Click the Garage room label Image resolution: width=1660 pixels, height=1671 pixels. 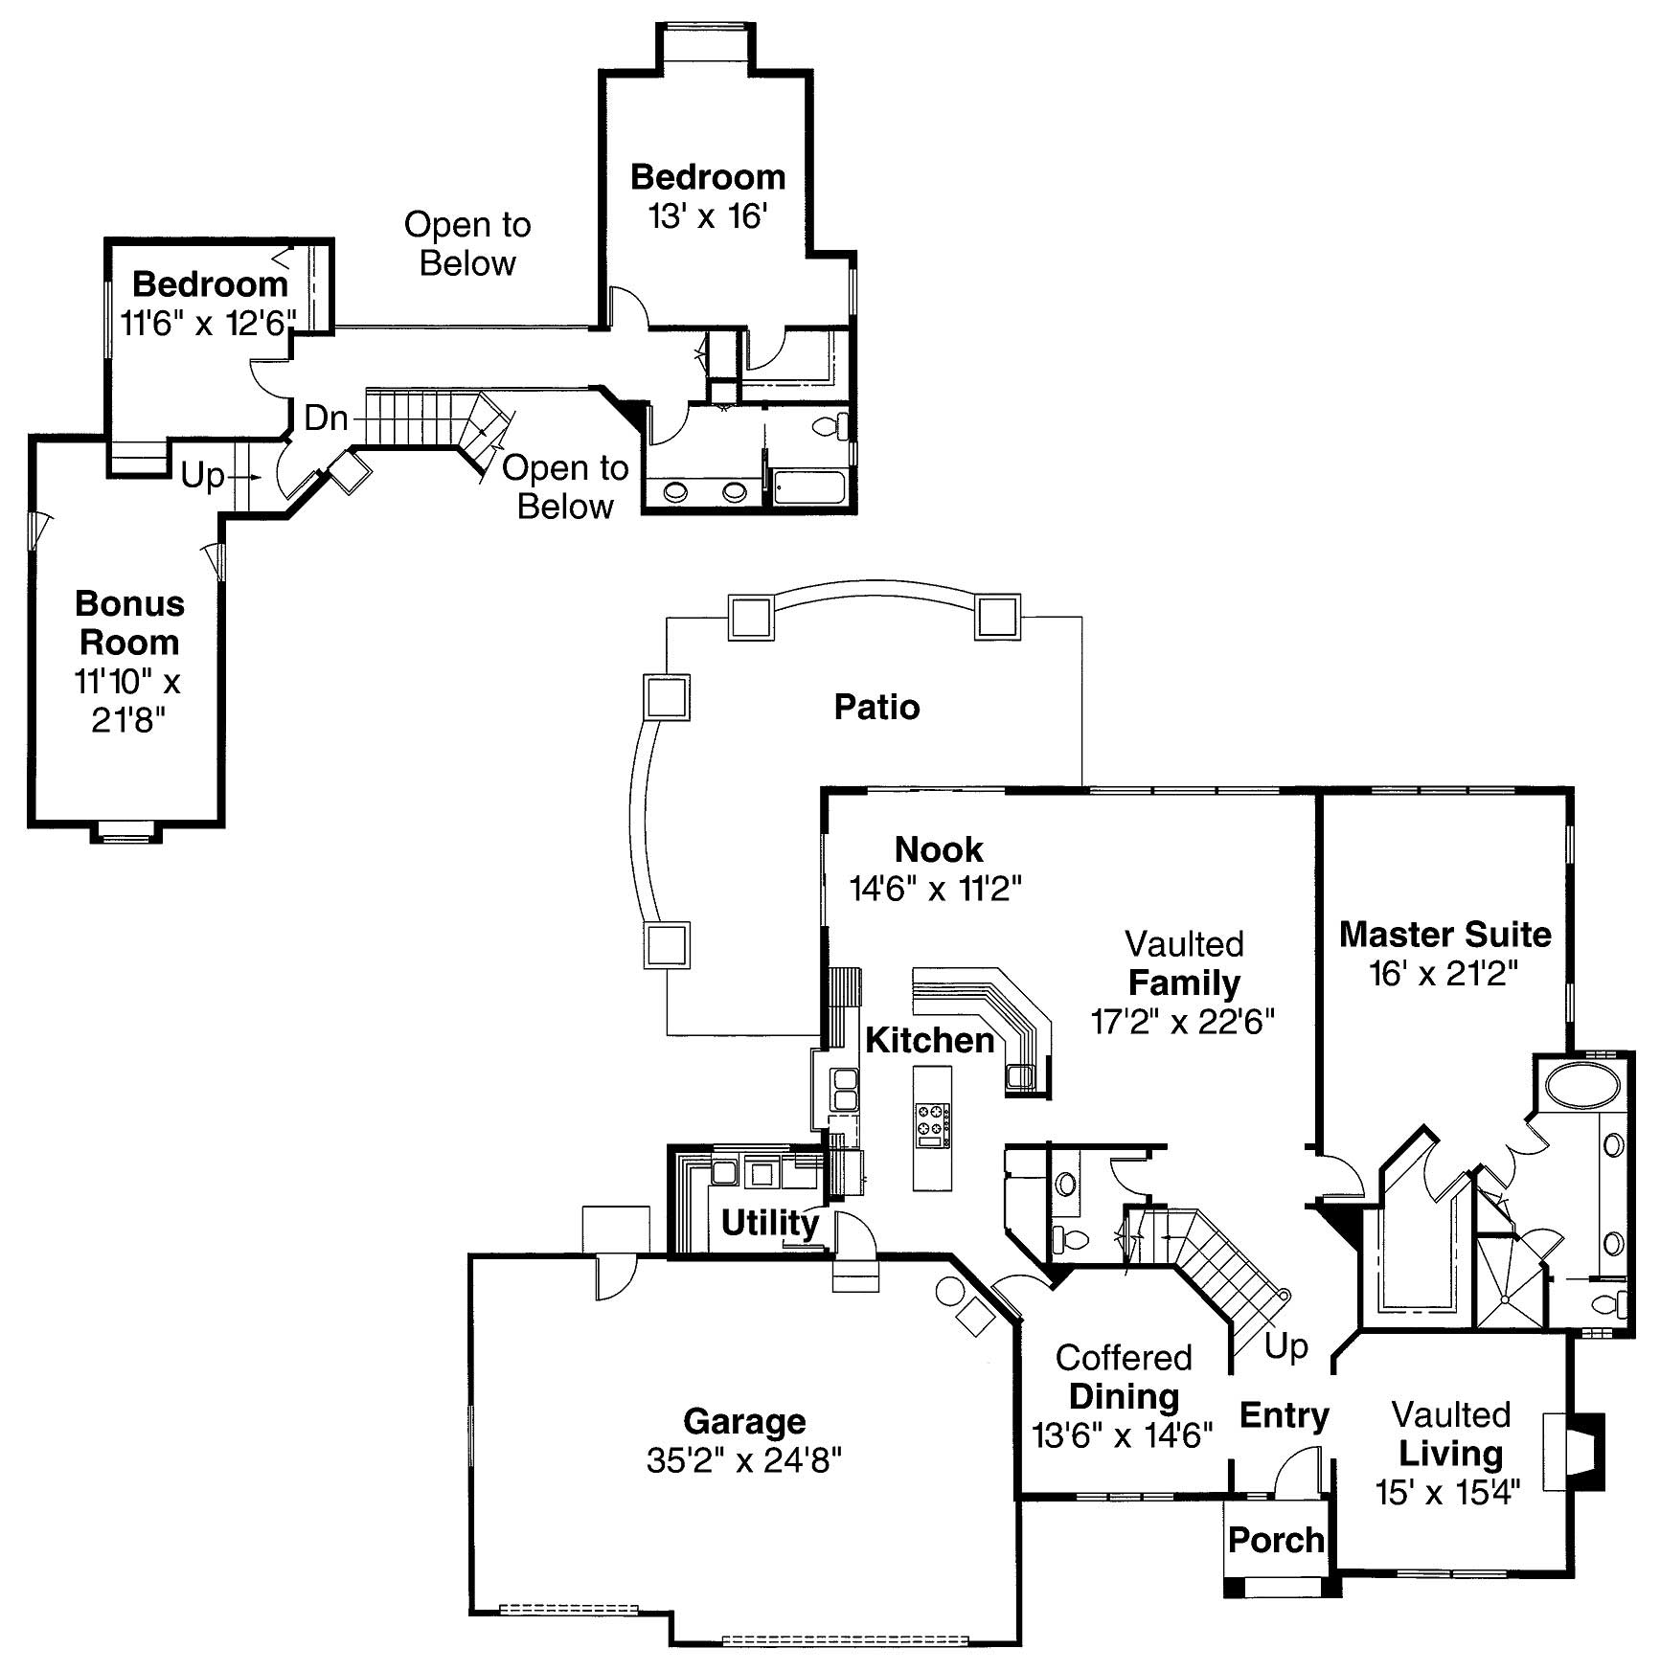744,1421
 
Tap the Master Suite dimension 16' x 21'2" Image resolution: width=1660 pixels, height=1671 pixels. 1444,974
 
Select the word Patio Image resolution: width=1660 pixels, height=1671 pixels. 876,707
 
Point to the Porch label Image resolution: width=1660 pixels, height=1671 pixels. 1276,1540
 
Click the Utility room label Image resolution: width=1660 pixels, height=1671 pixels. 769,1222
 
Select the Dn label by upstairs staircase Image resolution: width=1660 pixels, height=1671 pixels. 326,418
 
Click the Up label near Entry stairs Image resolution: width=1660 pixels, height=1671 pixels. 1285,1345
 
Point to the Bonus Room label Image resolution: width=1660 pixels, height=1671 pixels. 129,622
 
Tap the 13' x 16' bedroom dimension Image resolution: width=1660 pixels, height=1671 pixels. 708,216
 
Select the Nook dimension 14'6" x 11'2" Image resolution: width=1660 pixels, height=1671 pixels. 936,889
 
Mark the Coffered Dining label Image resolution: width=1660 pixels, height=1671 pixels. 1124,1377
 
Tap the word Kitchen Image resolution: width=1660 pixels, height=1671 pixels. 929,1040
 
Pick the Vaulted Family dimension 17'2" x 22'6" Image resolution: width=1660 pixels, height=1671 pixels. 1183,1022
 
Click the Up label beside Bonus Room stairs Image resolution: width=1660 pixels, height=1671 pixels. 203,475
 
